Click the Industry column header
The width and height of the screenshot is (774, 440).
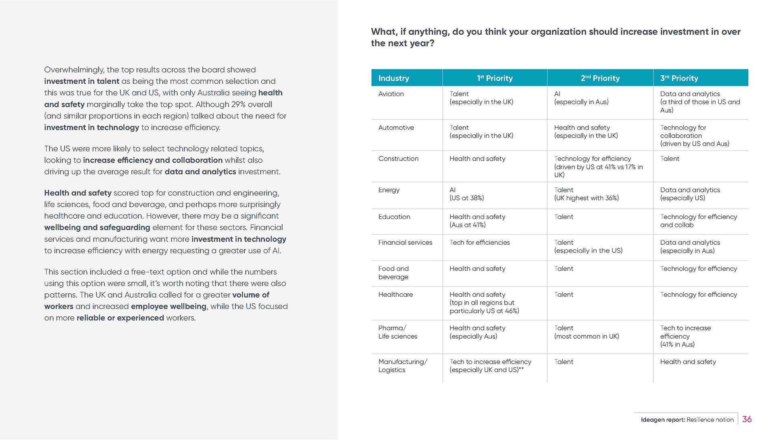tap(393, 78)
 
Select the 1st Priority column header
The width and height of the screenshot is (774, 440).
tap(495, 78)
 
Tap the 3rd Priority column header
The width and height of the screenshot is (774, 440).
tap(679, 78)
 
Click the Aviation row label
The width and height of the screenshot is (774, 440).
tap(391, 94)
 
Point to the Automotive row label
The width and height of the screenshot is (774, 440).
tap(396, 128)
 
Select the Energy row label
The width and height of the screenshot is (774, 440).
tap(389, 190)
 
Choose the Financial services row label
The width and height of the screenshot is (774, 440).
tap(405, 242)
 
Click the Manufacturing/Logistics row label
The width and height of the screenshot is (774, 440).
tap(402, 366)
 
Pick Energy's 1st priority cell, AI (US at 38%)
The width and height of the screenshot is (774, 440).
tap(466, 194)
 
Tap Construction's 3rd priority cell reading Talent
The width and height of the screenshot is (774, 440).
tap(670, 159)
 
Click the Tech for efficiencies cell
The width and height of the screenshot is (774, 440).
tap(479, 242)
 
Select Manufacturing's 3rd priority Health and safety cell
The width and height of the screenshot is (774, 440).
tap(688, 362)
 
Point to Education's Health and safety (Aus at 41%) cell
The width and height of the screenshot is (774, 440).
tap(477, 221)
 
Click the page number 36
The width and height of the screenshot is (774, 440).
tap(747, 419)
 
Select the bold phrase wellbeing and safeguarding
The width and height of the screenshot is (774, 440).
tap(97, 227)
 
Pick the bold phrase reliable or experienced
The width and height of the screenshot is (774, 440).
tap(120, 318)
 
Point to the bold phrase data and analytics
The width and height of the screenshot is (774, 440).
tap(200, 172)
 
